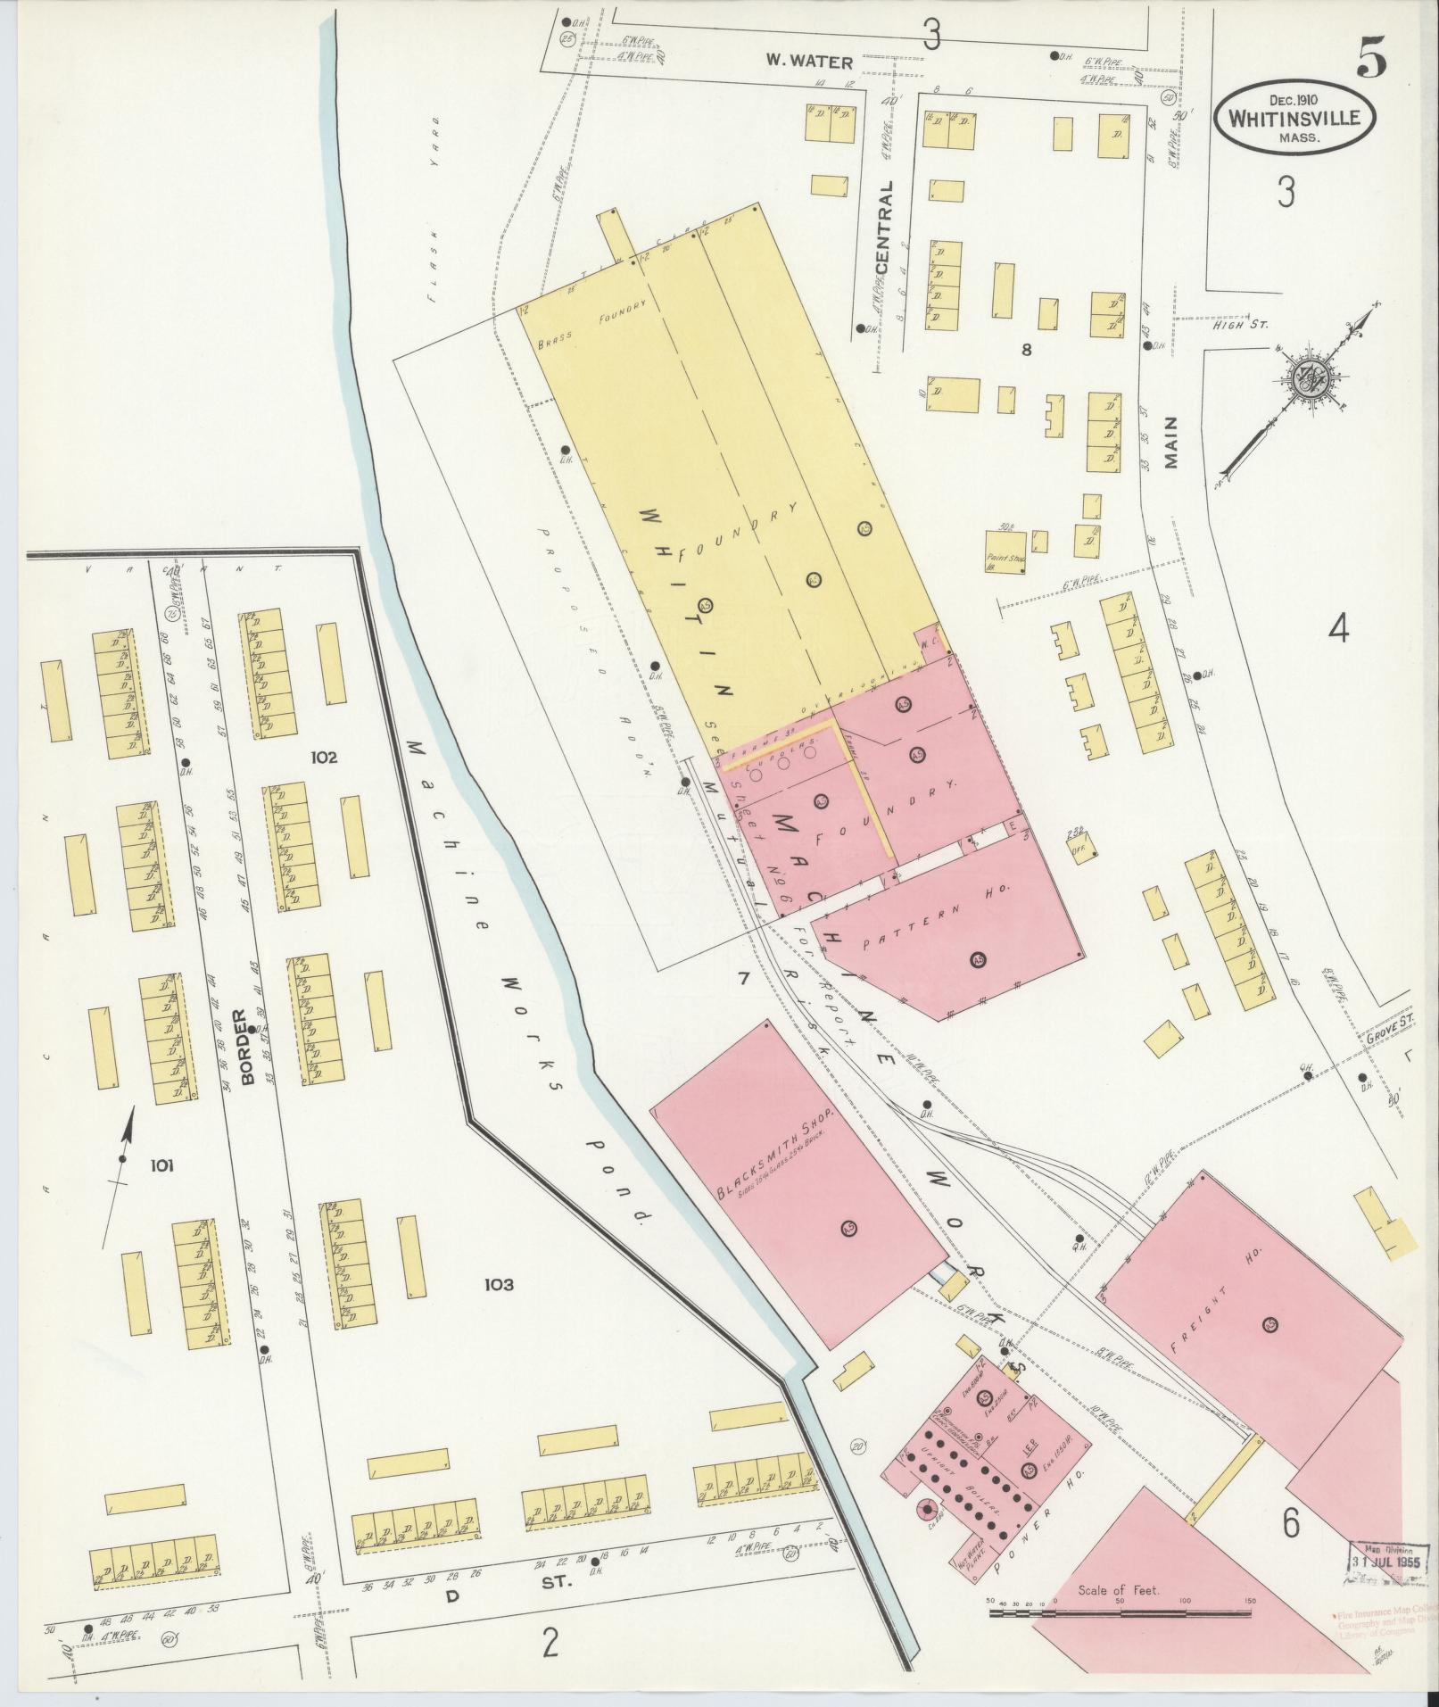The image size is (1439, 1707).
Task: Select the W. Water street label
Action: click(810, 62)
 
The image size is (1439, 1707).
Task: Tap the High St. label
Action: click(1238, 326)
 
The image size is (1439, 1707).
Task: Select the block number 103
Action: click(499, 1285)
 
